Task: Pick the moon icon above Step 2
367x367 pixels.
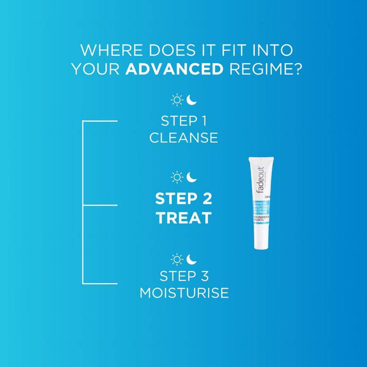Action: coord(191,177)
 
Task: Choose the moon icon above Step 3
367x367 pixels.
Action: coord(191,260)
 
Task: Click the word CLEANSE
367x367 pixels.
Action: coord(183,137)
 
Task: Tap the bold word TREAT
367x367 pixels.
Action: coord(183,218)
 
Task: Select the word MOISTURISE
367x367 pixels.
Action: coord(183,293)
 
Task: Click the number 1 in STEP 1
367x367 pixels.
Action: coord(203,121)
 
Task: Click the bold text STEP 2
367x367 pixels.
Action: coord(183,200)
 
